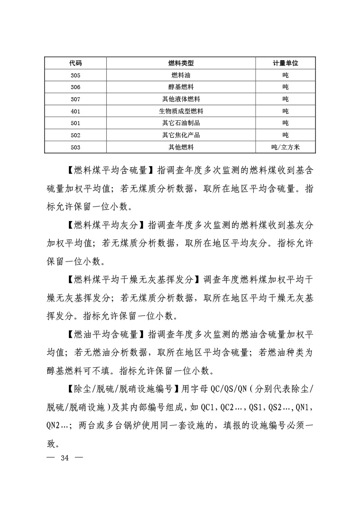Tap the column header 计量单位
(x=285, y=63)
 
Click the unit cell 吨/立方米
(x=285, y=147)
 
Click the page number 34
(x=64, y=458)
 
